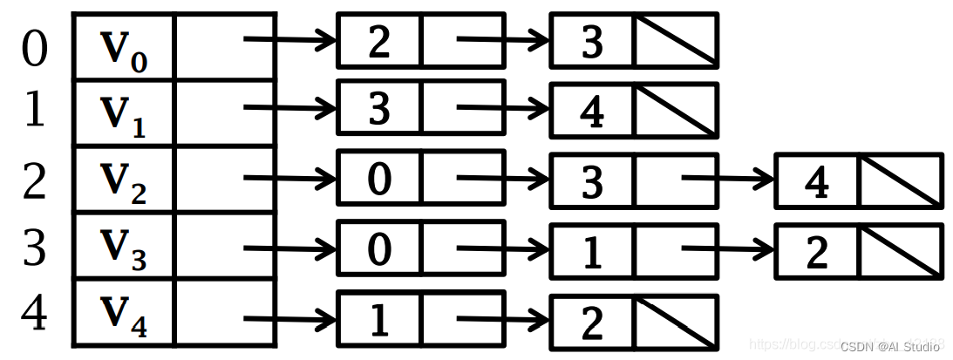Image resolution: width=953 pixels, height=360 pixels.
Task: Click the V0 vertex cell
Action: tap(123, 47)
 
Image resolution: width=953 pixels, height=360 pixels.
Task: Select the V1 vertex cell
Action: tap(123, 113)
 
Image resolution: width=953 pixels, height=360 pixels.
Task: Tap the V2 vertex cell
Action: tap(123, 180)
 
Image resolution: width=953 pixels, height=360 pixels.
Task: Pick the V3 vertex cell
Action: tap(123, 247)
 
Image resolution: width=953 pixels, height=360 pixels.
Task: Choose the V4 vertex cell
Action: tap(123, 313)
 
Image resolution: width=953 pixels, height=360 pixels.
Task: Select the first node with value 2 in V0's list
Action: tap(379, 41)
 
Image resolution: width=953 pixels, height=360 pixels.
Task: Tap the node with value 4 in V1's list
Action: tap(592, 112)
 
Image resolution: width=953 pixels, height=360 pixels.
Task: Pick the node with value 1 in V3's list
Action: tap(592, 252)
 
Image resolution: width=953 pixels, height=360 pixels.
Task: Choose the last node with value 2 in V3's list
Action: tap(817, 252)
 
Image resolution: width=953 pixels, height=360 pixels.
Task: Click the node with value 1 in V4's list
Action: tap(379, 321)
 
